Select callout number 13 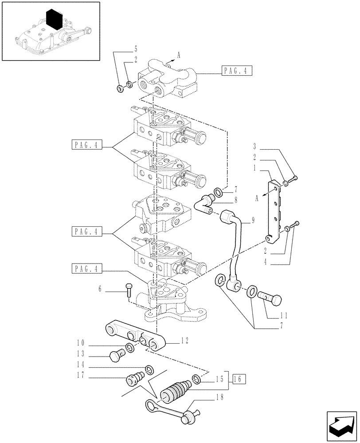click(80, 354)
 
